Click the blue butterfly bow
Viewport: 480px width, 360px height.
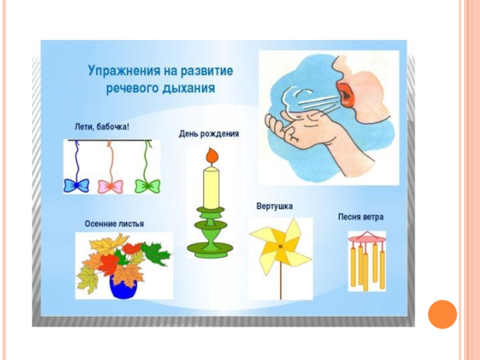(x=76, y=184)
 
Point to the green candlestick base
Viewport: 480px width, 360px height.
(x=209, y=246)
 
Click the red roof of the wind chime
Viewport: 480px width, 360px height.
(x=367, y=236)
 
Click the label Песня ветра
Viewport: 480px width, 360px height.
(x=360, y=217)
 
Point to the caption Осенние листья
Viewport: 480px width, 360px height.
(x=114, y=224)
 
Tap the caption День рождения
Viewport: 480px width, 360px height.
(x=209, y=134)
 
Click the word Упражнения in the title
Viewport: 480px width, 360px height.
(x=120, y=71)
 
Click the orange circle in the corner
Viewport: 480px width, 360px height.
(x=443, y=314)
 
